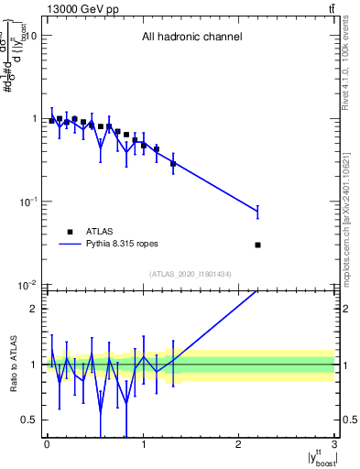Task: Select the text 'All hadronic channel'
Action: pyautogui.click(x=191, y=38)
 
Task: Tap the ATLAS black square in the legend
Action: pyautogui.click(x=70, y=232)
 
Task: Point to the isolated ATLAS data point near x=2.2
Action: pyautogui.click(x=257, y=245)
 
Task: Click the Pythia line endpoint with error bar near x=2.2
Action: pyautogui.click(x=257, y=212)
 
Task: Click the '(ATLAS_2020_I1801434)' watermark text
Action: pyautogui.click(x=191, y=274)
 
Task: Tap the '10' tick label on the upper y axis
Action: pyautogui.click(x=29, y=36)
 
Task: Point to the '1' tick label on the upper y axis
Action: pyautogui.click(x=33, y=119)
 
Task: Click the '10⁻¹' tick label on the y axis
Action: pyautogui.click(x=27, y=202)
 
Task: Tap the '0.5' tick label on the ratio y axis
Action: pyautogui.click(x=29, y=420)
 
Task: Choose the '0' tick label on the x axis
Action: pyautogui.click(x=47, y=443)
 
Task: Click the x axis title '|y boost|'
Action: pyautogui.click(x=316, y=457)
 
